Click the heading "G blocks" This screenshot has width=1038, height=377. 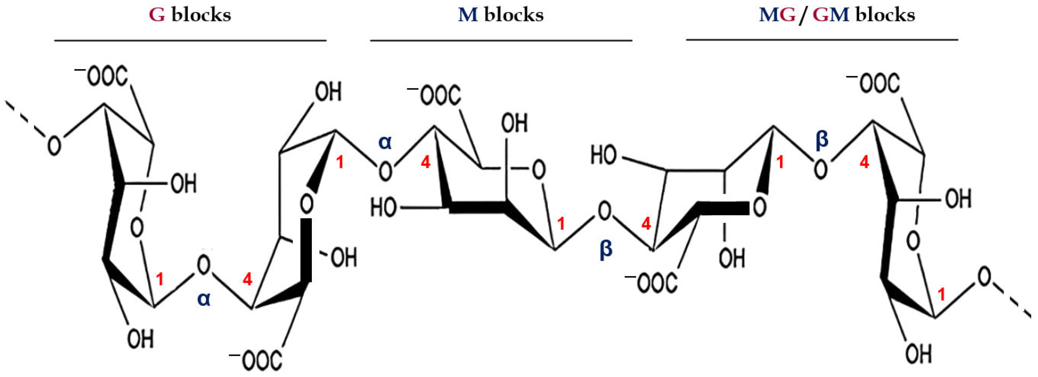click(x=190, y=15)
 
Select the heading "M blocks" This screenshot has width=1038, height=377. click(x=501, y=15)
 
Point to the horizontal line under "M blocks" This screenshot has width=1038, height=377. click(x=501, y=40)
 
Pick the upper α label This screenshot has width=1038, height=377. click(x=385, y=143)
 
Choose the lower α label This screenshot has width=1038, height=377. click(x=204, y=299)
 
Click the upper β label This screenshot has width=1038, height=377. click(x=822, y=139)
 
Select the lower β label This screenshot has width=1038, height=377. click(x=606, y=249)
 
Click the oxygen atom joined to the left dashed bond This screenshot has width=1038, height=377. click(x=54, y=145)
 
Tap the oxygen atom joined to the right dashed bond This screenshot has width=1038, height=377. click(x=984, y=278)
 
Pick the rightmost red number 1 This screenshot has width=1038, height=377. click(x=941, y=295)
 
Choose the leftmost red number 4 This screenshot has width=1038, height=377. click(x=247, y=279)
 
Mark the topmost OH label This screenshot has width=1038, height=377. click(x=328, y=92)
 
